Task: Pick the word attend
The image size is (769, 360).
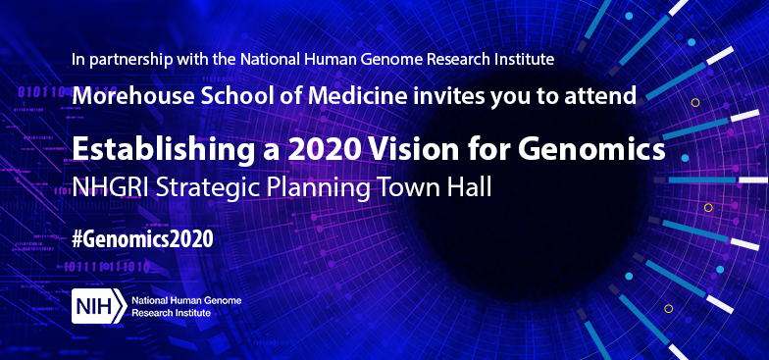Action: tap(605, 95)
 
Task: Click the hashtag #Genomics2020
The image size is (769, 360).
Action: tap(142, 238)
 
